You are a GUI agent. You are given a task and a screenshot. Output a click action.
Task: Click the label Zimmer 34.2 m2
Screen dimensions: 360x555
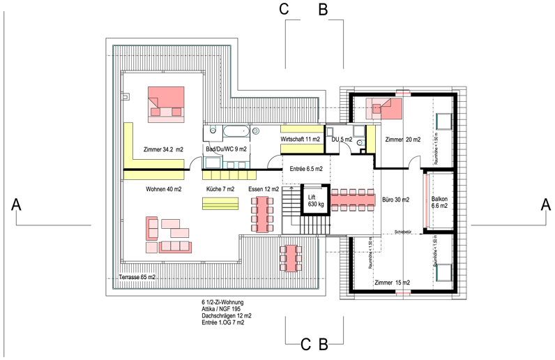coord(163,149)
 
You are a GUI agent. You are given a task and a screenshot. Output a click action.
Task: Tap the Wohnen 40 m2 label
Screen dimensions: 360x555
coord(164,189)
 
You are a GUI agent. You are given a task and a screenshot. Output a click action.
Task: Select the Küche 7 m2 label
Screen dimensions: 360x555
coord(220,189)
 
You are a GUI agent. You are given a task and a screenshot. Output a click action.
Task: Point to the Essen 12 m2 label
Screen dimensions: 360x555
coord(264,189)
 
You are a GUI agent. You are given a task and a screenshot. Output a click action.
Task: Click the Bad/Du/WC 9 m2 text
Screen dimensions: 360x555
coord(226,149)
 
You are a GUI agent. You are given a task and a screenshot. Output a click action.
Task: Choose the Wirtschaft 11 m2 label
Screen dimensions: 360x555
coord(301,140)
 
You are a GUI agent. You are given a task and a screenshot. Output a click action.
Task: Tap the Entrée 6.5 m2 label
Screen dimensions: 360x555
coord(306,169)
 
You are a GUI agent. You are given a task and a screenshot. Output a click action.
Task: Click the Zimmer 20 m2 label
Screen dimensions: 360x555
coord(403,140)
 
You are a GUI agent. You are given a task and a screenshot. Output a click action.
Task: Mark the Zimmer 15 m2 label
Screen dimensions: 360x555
coord(392,283)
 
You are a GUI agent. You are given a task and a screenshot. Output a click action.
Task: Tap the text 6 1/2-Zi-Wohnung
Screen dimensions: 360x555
coord(221,302)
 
